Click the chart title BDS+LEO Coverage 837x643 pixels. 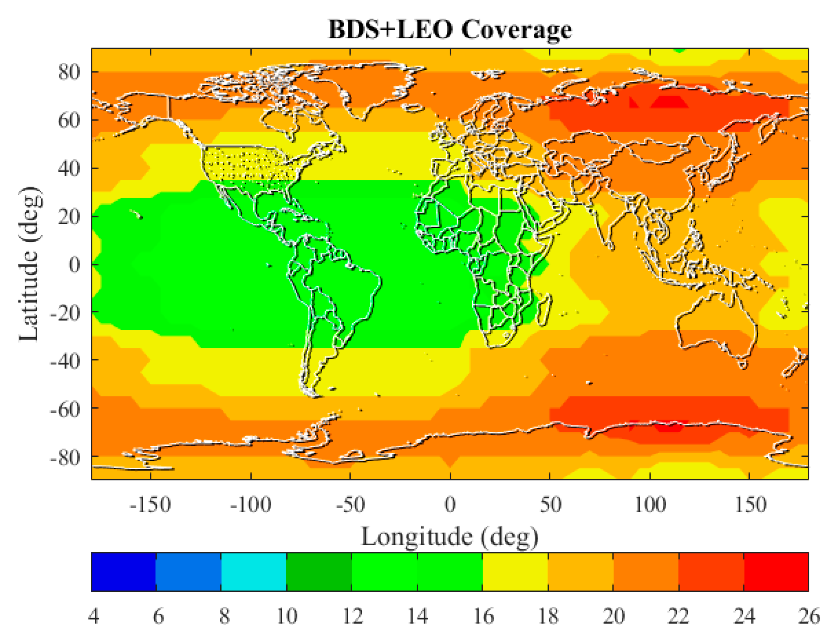[450, 29]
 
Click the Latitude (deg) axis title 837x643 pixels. [30, 264]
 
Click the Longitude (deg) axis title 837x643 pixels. [450, 537]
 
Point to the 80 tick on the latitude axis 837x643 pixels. [69, 72]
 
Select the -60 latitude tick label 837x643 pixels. [65, 409]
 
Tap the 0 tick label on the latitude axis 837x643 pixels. [74, 265]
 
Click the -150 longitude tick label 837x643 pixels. [150, 504]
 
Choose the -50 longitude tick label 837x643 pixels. [350, 504]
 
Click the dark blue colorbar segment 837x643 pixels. [123, 572]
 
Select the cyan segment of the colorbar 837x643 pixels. [254, 572]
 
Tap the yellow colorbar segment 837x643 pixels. [515, 572]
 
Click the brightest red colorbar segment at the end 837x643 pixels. [776, 572]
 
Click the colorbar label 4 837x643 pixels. [94, 616]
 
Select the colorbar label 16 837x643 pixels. [483, 616]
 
